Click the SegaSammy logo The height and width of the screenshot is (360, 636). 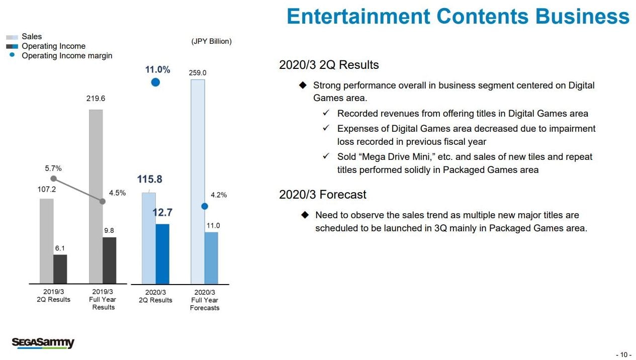coord(43,343)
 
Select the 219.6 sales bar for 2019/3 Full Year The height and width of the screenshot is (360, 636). coord(96,196)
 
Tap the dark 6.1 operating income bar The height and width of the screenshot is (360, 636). coord(60,269)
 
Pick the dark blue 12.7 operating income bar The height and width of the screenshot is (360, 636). coord(162,253)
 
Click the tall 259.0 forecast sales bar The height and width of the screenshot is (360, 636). coord(198,181)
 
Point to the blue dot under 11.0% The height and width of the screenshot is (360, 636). coord(155,82)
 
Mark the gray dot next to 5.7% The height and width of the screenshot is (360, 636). coord(53,178)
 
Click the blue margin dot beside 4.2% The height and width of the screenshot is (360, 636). coord(205,206)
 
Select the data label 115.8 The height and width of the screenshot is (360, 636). coord(149,179)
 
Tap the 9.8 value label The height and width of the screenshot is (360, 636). coord(109,230)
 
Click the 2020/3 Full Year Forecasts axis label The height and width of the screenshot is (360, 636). coord(205,300)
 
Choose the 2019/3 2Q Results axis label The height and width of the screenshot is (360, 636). coord(53,296)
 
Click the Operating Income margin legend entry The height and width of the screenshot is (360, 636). coord(67,56)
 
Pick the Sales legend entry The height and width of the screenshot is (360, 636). coord(32,37)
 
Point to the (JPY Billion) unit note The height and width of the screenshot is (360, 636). coord(211,41)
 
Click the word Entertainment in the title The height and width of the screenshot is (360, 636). coord(358,17)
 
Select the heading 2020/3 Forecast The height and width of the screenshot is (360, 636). coord(323,195)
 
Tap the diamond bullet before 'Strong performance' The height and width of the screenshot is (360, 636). coord(303,85)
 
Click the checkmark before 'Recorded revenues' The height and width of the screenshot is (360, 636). coord(326,114)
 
